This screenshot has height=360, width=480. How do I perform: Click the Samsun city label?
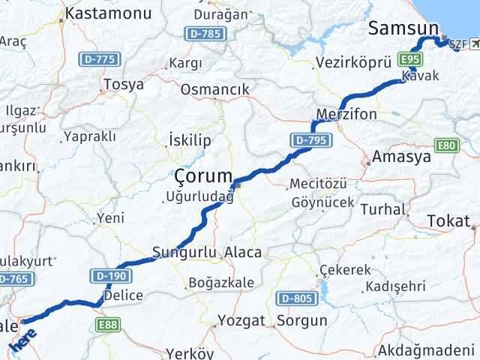tap(403, 29)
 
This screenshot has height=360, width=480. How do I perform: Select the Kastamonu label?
tap(108, 13)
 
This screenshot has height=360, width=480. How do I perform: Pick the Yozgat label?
tap(241, 321)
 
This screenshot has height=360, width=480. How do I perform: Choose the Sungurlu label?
tap(184, 252)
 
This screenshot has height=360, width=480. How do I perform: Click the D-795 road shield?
tap(307, 139)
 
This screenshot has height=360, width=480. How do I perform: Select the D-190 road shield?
tap(106, 275)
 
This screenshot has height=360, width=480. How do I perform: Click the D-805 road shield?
tap(295, 299)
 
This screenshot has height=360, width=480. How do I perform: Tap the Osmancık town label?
tap(213, 89)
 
